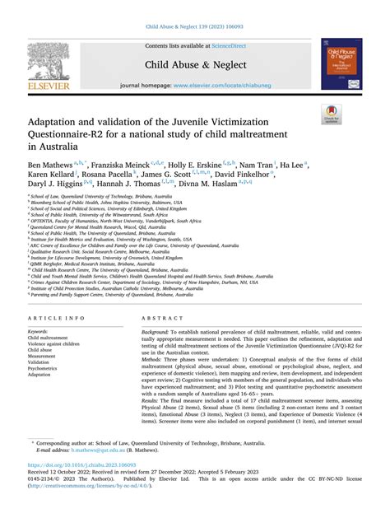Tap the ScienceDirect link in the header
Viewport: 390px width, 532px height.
coord(234,47)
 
